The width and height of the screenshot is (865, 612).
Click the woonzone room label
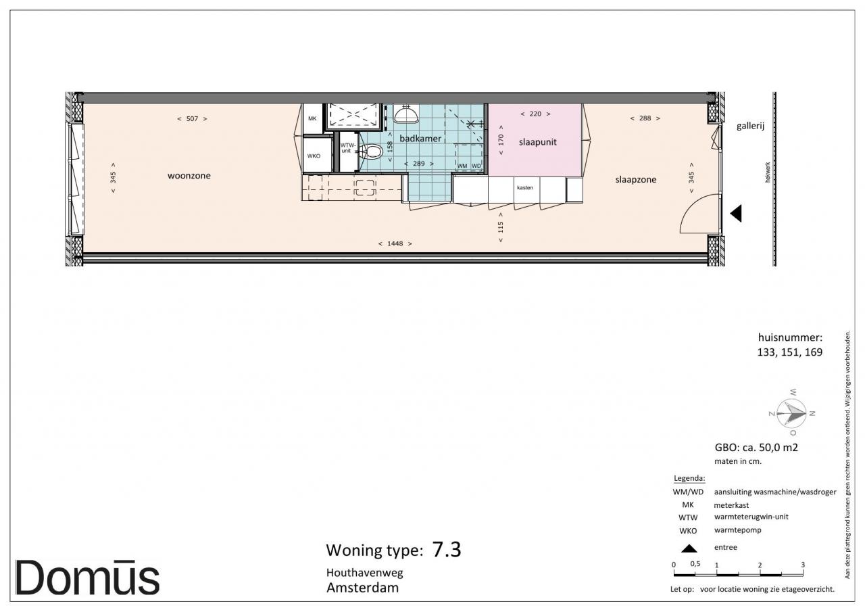coord(189,176)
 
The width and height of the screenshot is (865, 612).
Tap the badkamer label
coord(420,139)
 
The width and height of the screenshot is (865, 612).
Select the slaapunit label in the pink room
coord(537,142)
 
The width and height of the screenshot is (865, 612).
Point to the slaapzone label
coord(636,180)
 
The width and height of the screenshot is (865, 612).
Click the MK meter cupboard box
coord(312,118)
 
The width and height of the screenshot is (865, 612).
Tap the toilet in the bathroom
coord(372,151)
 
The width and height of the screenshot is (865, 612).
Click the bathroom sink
coord(406,114)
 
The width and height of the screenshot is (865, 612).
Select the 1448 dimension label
coord(395,244)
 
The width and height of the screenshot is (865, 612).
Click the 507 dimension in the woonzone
coord(192,119)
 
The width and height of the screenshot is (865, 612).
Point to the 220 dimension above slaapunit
coord(535,114)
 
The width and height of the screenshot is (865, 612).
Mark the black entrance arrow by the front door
coord(736,214)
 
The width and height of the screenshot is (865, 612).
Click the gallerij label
coord(750,126)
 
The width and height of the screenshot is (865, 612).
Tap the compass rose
coord(791,413)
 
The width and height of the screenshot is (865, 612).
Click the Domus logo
coord(87,578)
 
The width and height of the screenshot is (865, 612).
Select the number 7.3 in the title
coord(447,550)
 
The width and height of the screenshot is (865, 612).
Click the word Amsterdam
coord(363,588)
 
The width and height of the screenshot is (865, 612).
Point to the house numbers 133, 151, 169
coord(790,352)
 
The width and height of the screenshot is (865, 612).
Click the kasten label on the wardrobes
coord(525,188)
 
